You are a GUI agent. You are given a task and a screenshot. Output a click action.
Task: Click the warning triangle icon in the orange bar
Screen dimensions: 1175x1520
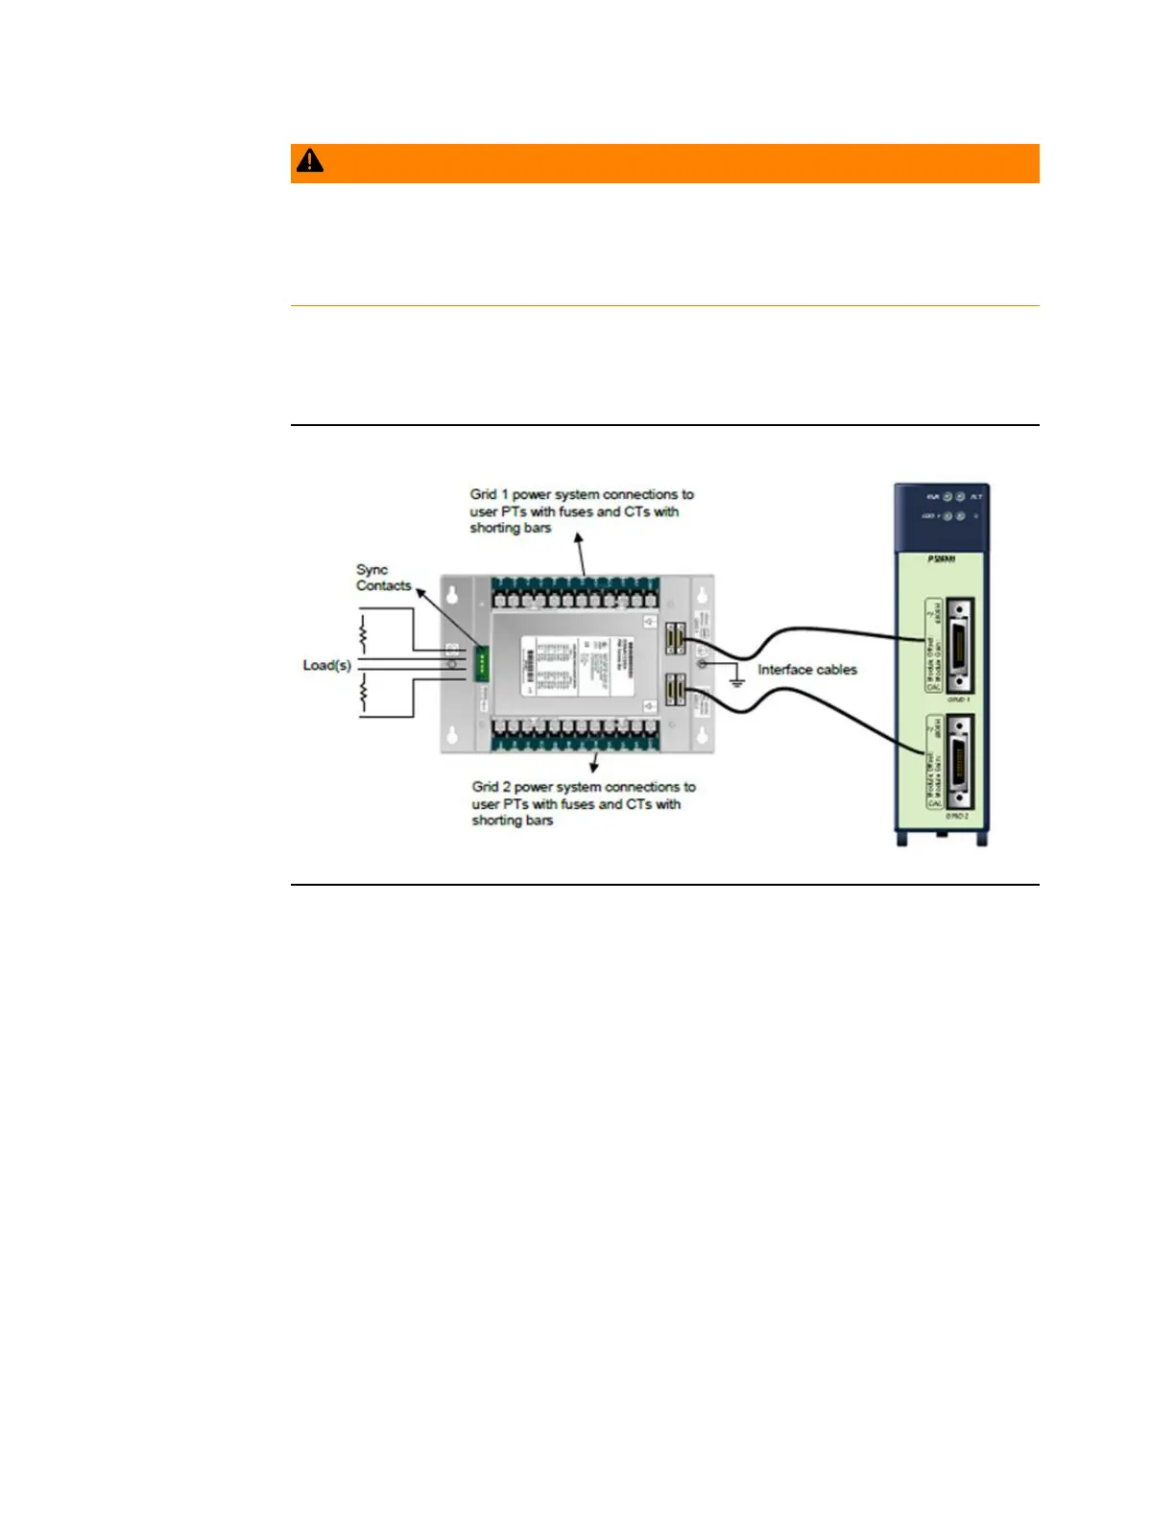pos(309,161)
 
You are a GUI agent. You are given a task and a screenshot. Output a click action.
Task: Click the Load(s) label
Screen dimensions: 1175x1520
pos(327,665)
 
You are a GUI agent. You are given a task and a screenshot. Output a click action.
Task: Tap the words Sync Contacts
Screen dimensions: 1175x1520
pos(383,578)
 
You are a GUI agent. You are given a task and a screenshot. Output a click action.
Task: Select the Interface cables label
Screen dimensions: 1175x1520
pos(807,670)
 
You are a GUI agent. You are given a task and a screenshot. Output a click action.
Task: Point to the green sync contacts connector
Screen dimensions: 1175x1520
pos(482,663)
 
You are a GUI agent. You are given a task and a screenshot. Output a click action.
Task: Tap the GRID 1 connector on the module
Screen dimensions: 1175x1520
pos(958,645)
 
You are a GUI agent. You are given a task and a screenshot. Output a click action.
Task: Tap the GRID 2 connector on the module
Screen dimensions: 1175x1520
pos(958,762)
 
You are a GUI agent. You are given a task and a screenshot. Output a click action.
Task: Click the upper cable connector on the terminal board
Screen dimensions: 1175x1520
pos(676,637)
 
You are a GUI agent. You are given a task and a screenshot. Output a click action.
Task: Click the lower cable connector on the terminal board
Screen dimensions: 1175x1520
pos(676,691)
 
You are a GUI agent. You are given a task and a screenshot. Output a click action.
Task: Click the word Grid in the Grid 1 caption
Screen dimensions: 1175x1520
pos(483,495)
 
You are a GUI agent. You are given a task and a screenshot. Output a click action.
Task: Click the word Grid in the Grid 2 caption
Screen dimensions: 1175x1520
pos(485,787)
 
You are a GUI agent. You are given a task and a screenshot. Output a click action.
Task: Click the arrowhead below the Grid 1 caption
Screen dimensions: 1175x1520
pos(578,539)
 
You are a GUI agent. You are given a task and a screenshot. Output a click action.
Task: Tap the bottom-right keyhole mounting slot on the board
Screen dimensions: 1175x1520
pos(703,737)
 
